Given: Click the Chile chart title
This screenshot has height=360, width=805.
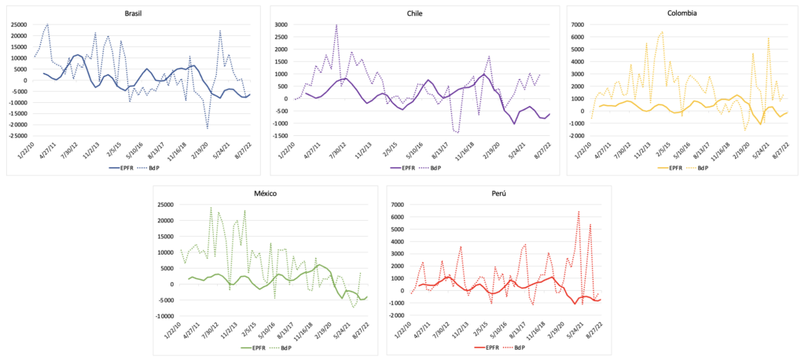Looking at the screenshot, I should [415, 13].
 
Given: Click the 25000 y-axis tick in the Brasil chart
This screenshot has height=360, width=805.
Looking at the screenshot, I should [17, 24].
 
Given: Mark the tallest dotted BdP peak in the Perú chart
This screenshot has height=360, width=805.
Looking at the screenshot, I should [579, 211].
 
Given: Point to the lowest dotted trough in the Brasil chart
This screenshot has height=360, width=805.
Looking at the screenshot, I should [208, 128].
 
